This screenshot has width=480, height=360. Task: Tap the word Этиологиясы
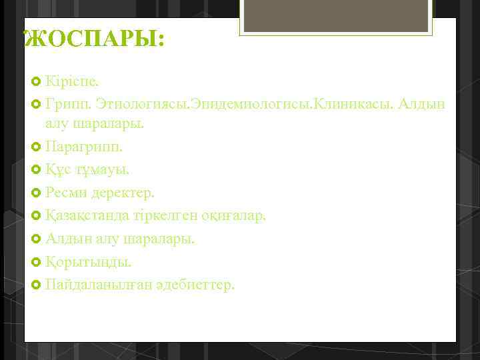[x=143, y=104]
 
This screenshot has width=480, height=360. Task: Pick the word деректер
[x=127, y=193]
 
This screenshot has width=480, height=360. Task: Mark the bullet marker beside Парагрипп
[x=36, y=146]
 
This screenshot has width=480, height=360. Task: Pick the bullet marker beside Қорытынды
[x=36, y=262]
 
